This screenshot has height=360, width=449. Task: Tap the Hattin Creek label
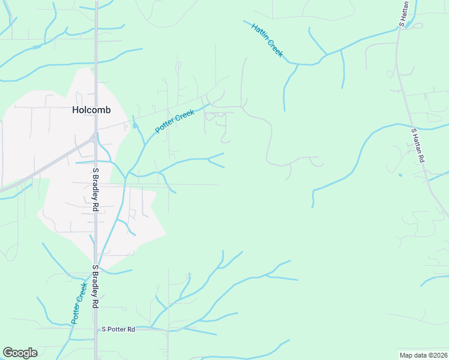point(267,40)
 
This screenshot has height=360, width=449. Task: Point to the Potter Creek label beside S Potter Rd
point(79,304)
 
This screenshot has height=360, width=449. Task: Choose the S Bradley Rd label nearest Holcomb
point(95,189)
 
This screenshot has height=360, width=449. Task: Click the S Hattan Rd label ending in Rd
point(418,145)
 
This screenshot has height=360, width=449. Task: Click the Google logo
point(20,353)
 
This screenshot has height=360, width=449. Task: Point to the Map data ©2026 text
point(423,355)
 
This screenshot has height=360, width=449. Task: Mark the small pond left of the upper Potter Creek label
point(134,125)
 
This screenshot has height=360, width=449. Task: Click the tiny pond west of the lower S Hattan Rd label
point(400,175)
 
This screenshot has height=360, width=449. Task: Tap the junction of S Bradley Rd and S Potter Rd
point(96,329)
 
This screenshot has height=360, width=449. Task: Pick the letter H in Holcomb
point(75,110)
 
